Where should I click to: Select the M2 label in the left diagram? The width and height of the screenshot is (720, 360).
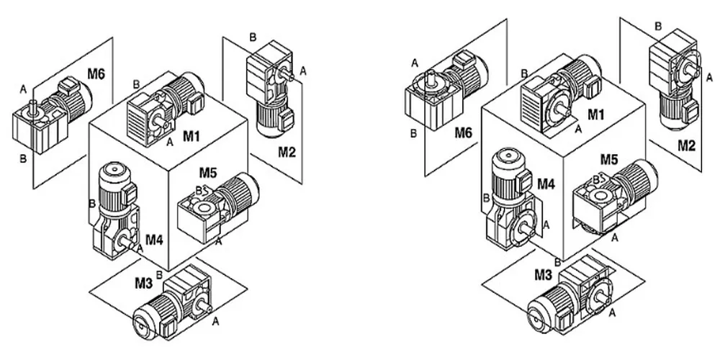(x=287, y=151)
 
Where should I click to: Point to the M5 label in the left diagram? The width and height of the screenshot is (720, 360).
(x=208, y=173)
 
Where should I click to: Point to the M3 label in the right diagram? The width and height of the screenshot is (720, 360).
(x=544, y=275)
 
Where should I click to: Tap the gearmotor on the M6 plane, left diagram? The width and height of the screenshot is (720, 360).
(x=51, y=112)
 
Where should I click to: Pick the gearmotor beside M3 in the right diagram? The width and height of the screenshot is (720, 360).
(x=570, y=299)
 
